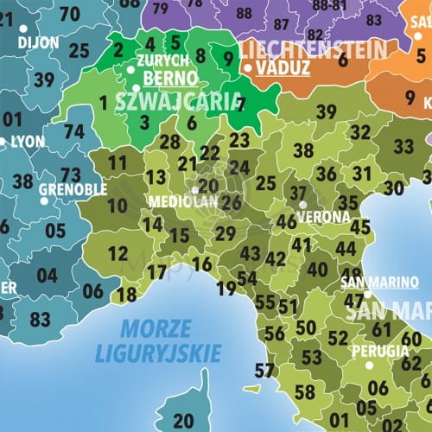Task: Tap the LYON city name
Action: pos(27,141)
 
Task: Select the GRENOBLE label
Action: pos(73,189)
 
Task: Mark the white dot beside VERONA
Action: pos(302,205)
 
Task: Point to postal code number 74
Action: pos(74,132)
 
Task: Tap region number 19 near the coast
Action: pos(227,289)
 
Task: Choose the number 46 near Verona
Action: pos(287,221)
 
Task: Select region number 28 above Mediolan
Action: pos(170,143)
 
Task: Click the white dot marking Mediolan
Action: pos(195,190)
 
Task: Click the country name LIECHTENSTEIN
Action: pos(311,48)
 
